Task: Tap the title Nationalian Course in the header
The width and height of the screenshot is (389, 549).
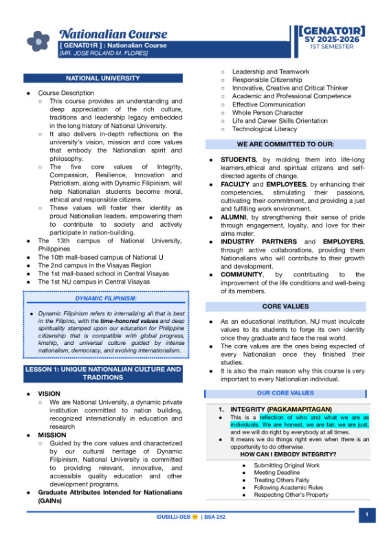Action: [113, 34]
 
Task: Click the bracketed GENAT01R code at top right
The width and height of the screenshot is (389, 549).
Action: [332, 32]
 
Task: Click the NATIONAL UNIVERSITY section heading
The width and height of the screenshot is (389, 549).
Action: [102, 78]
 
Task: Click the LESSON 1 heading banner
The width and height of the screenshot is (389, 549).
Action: [102, 373]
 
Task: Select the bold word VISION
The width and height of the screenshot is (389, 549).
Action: [49, 394]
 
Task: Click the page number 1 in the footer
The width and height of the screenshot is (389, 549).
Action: [367, 515]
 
